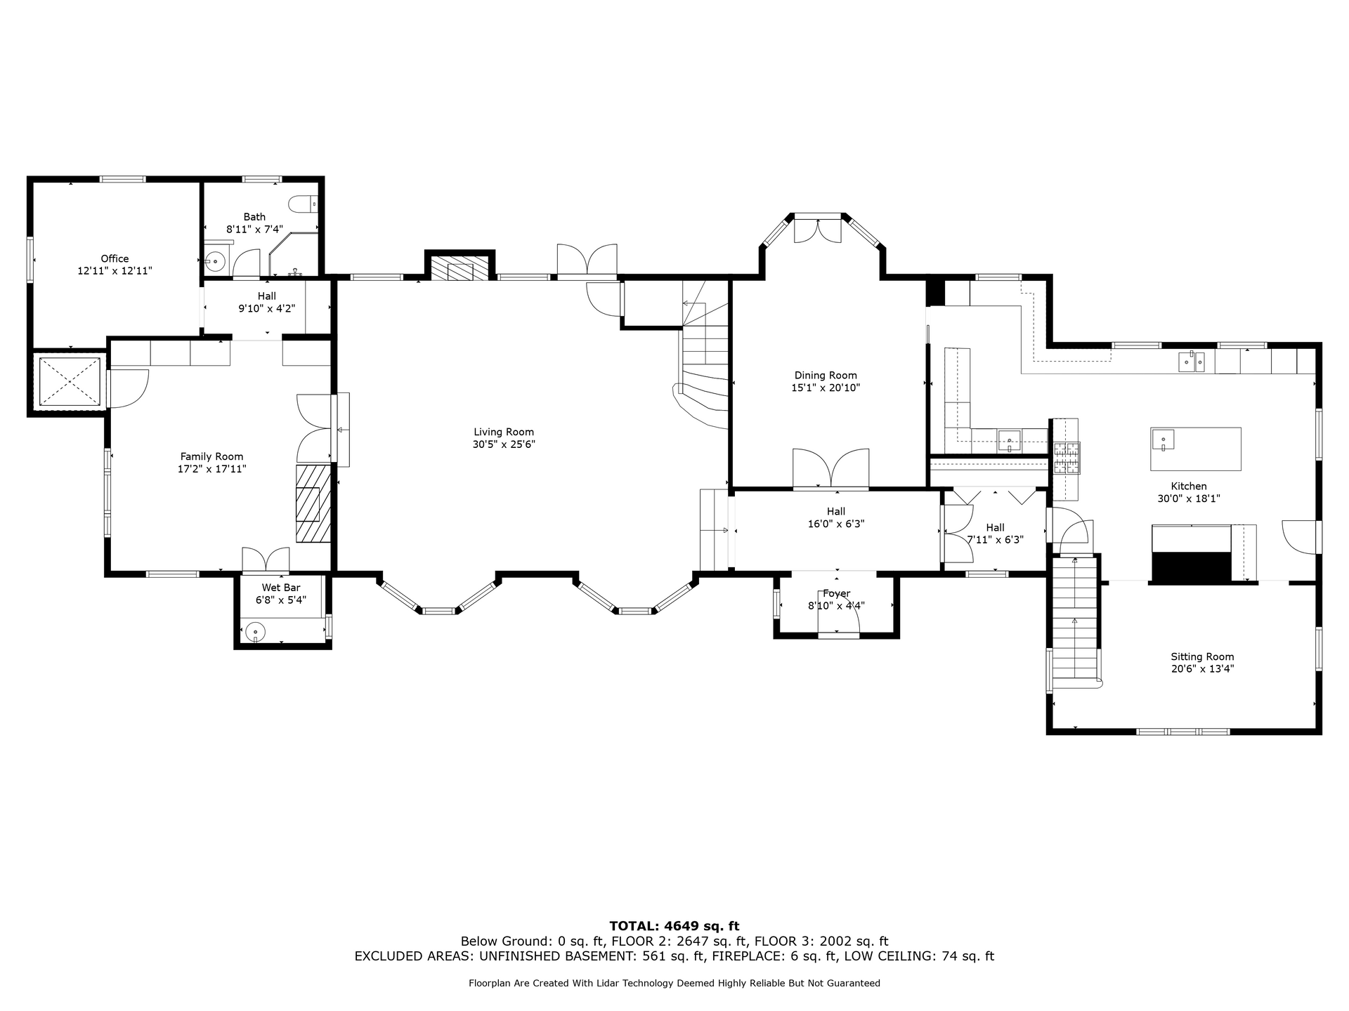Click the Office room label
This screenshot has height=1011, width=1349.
(x=115, y=258)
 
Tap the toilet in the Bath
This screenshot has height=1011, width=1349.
(x=303, y=204)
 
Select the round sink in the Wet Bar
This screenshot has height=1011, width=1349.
(x=256, y=632)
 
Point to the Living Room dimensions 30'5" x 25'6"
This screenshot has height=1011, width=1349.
(x=504, y=444)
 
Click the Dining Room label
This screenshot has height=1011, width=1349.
(x=826, y=376)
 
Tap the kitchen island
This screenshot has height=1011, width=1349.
(x=1195, y=449)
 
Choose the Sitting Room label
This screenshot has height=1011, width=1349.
(x=1202, y=657)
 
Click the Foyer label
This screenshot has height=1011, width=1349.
(x=836, y=593)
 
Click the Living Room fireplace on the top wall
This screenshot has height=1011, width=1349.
(x=460, y=268)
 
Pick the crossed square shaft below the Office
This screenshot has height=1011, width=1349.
(x=69, y=381)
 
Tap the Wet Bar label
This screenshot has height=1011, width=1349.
(x=281, y=588)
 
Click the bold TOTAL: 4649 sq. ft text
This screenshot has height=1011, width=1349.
(x=674, y=926)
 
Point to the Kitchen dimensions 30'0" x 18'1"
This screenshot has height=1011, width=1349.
(x=1189, y=498)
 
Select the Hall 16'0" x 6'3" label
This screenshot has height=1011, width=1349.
(x=836, y=517)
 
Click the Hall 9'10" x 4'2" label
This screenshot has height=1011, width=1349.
(x=267, y=302)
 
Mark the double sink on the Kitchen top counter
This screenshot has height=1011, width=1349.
(x=1192, y=362)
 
